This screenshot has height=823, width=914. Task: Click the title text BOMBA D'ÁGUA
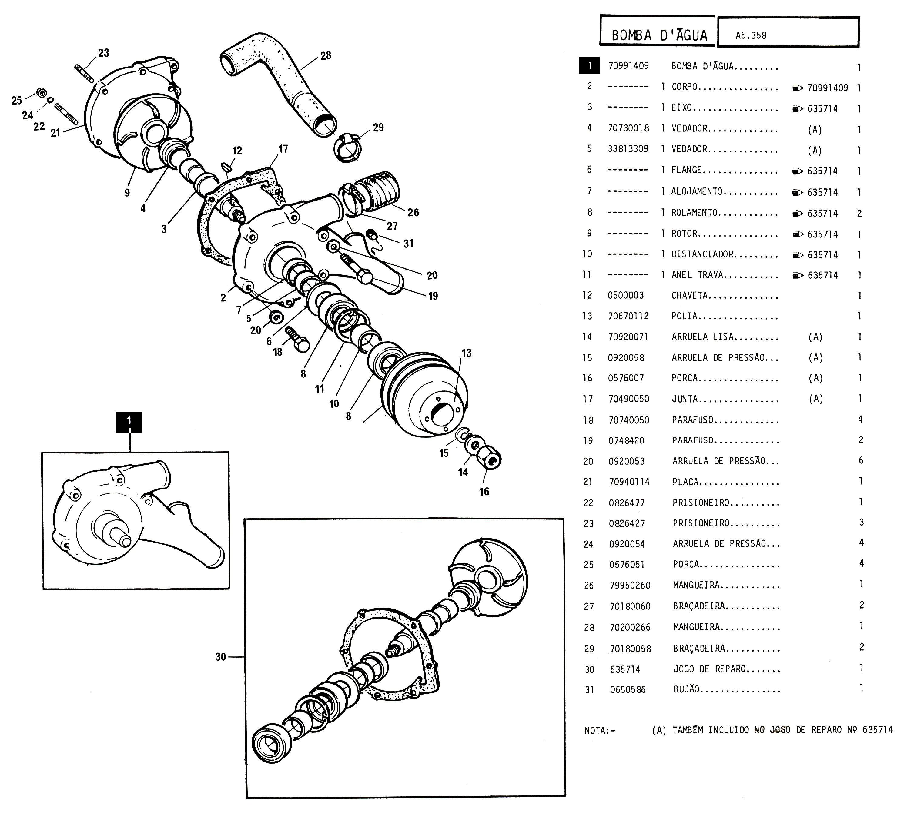coord(659,35)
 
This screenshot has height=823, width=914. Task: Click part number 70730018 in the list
coord(628,128)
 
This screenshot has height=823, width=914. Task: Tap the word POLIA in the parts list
coord(684,316)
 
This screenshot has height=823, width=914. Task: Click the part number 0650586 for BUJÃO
coord(628,690)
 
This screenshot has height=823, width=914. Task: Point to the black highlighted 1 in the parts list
coord(589,66)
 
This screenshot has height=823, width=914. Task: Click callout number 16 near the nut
coord(484,492)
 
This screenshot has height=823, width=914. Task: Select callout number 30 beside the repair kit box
coord(220,657)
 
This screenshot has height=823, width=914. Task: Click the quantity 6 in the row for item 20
coord(861,460)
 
